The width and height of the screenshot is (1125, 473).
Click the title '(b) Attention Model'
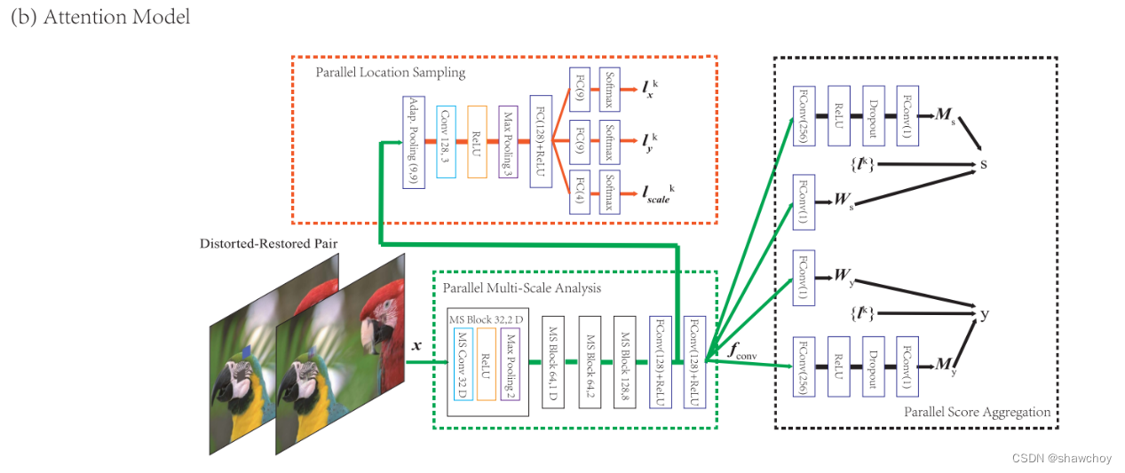tap(99, 17)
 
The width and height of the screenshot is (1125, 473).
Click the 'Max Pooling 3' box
tap(508, 139)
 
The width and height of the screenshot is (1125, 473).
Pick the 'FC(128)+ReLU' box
tap(540, 140)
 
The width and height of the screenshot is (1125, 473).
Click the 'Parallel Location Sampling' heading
tap(390, 71)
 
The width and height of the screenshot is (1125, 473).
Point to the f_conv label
tap(742, 351)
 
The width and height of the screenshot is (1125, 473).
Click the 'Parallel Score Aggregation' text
tap(977, 412)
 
